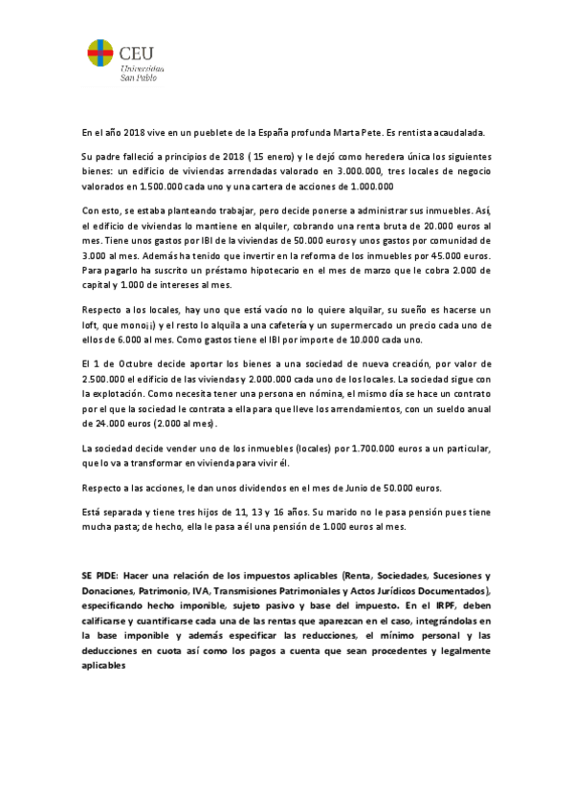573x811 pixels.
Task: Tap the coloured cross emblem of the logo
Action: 99,58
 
